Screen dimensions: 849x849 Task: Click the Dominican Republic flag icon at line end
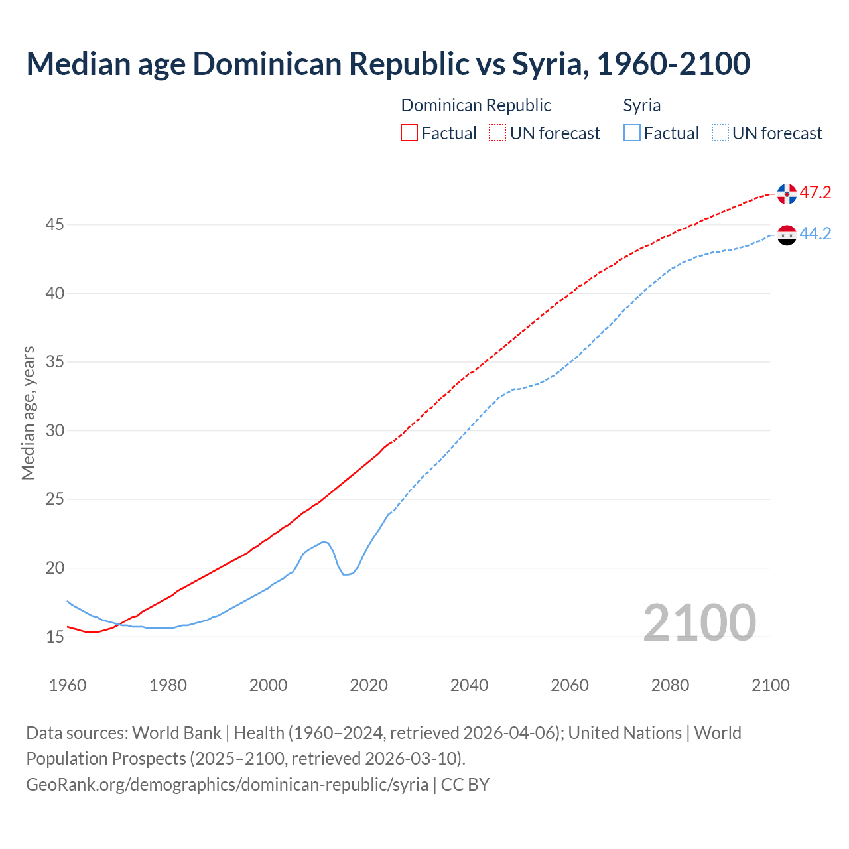click(787, 194)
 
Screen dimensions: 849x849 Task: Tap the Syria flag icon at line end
click(787, 235)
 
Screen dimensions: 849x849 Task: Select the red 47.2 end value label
click(815, 193)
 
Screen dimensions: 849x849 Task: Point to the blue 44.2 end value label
click(815, 234)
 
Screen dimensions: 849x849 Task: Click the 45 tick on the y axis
click(54, 225)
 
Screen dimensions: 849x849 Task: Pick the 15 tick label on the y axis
click(54, 637)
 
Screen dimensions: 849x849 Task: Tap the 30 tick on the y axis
click(54, 431)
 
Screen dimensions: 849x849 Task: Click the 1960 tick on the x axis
click(68, 685)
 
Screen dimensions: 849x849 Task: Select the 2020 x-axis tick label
click(369, 685)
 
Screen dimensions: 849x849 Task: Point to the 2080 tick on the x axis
click(670, 685)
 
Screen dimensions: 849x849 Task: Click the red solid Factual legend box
click(409, 133)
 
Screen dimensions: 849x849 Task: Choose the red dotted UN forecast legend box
click(497, 133)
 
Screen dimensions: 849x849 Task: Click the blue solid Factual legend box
click(632, 133)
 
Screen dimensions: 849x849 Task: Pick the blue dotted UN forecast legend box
click(720, 133)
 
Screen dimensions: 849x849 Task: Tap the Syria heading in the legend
click(641, 106)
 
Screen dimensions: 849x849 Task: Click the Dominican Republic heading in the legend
click(476, 106)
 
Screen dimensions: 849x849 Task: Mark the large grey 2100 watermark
click(699, 622)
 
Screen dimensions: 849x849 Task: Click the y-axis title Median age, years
click(28, 413)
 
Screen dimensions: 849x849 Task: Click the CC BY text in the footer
click(465, 785)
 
